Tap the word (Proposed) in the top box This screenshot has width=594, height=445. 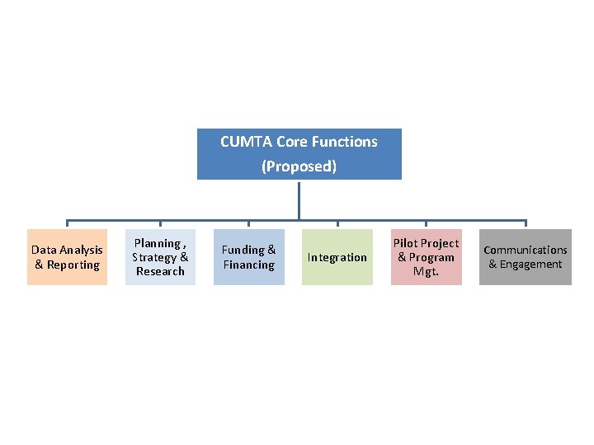(299, 166)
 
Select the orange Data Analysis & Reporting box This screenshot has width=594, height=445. (68, 257)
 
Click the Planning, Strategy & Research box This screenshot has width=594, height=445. (160, 257)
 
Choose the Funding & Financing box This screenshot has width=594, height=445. (248, 257)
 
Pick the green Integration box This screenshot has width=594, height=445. (337, 257)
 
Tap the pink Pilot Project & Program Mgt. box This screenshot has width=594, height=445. (426, 257)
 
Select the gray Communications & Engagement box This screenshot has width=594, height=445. (526, 257)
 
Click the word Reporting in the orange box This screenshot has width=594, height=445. (73, 265)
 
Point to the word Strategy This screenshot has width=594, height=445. (154, 257)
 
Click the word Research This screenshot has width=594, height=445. (160, 271)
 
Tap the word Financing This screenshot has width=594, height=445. (248, 265)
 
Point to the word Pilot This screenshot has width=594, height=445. (406, 243)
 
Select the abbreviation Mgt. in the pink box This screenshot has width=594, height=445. (426, 271)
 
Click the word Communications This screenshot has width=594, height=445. (526, 250)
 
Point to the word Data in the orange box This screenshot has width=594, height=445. (45, 250)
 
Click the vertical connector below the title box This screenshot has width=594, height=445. (299, 199)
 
